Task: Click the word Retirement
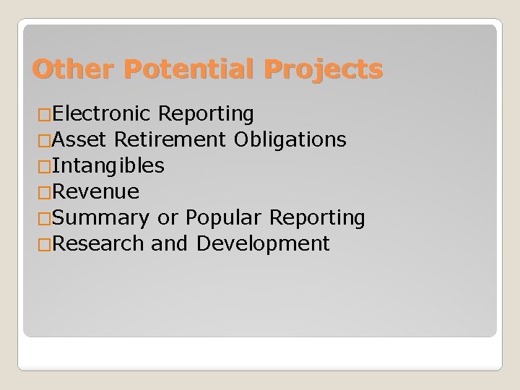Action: [167, 140]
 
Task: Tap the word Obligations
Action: [290, 140]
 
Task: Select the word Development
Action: [263, 244]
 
